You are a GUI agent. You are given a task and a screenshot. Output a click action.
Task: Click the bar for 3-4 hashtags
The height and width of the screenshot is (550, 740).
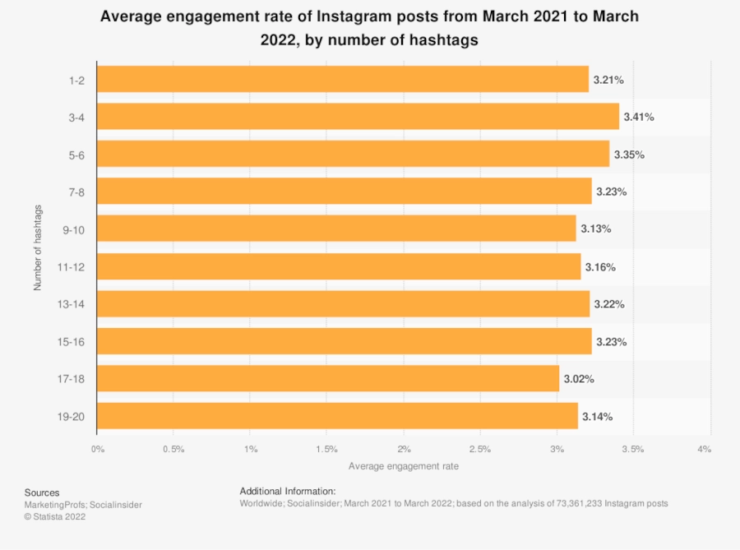coord(358,117)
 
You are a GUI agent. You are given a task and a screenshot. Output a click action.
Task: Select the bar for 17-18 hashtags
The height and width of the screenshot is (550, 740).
coord(328,379)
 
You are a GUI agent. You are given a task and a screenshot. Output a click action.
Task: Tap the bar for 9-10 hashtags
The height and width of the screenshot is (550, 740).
coord(336,229)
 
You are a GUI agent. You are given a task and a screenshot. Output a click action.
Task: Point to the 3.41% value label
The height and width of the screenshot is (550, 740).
coord(639,118)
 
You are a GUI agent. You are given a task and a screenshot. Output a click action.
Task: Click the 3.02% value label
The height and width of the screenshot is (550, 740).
coord(579,379)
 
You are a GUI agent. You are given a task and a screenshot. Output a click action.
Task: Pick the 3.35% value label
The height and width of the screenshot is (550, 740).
coord(629,155)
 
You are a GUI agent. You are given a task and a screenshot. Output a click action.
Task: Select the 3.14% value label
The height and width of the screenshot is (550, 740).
coord(598,417)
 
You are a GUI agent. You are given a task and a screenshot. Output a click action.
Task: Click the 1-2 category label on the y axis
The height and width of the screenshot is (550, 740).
coord(76,80)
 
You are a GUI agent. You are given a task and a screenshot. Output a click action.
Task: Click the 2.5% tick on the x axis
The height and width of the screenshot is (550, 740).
coord(480,449)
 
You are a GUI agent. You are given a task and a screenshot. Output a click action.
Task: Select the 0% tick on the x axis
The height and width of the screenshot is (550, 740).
coord(97,449)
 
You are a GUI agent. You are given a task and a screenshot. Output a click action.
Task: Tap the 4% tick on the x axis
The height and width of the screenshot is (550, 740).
coord(704,449)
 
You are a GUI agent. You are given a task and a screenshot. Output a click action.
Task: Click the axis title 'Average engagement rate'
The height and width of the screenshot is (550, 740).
coord(404,466)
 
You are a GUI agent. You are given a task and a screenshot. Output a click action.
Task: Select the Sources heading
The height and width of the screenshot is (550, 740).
coord(42,492)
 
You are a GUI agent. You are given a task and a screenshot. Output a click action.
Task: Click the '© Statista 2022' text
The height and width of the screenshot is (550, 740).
coord(55,517)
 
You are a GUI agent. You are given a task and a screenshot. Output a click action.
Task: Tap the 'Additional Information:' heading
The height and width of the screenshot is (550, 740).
coord(288,490)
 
